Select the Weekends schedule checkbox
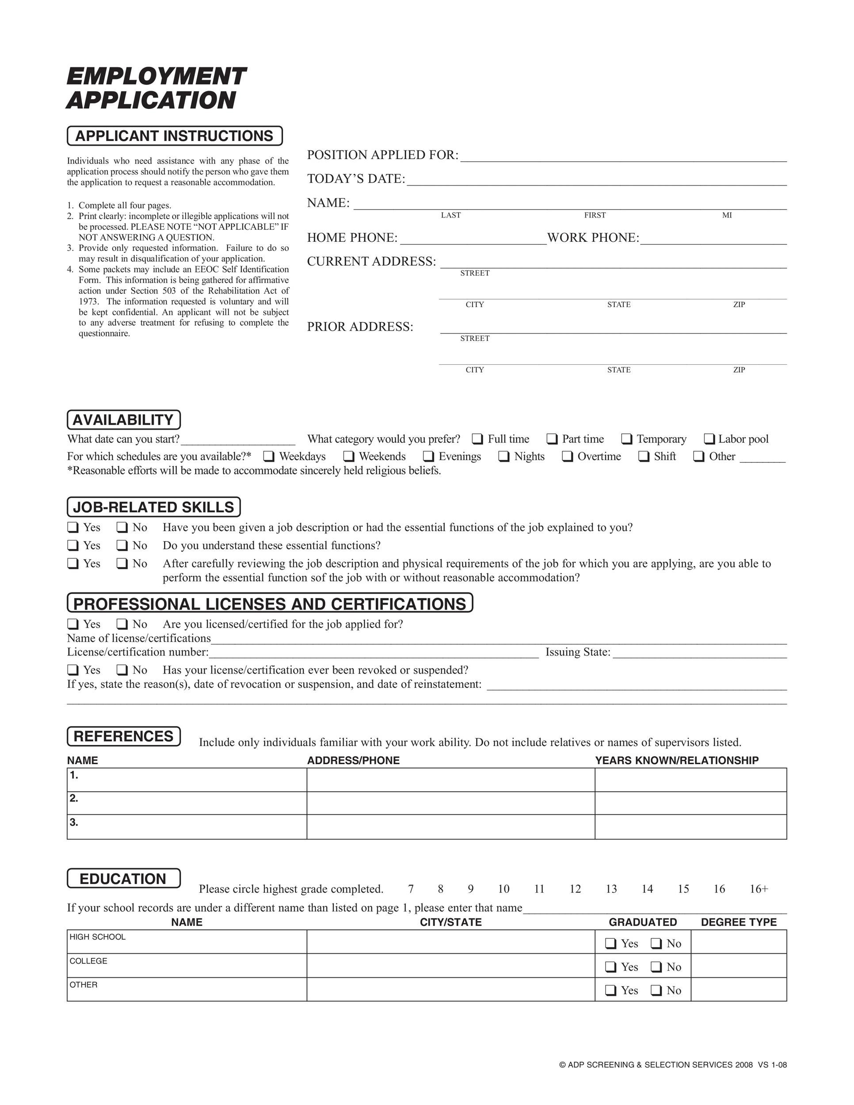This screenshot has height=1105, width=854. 349,457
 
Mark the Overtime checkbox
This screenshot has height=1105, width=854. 567,457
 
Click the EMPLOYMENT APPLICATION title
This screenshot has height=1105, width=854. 156,88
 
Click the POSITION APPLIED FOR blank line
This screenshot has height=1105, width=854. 623,157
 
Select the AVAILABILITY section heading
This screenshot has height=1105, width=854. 123,420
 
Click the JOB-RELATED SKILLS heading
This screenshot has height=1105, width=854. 153,507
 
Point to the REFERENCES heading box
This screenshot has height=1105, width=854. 123,736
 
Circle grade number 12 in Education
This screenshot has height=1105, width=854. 575,889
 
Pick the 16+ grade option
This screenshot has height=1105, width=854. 759,889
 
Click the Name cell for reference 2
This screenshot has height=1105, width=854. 187,803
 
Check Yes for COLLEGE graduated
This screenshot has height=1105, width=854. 610,967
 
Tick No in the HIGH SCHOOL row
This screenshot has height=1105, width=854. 656,944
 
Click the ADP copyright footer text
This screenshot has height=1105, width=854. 673,1064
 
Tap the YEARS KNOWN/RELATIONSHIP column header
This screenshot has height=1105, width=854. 676,760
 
